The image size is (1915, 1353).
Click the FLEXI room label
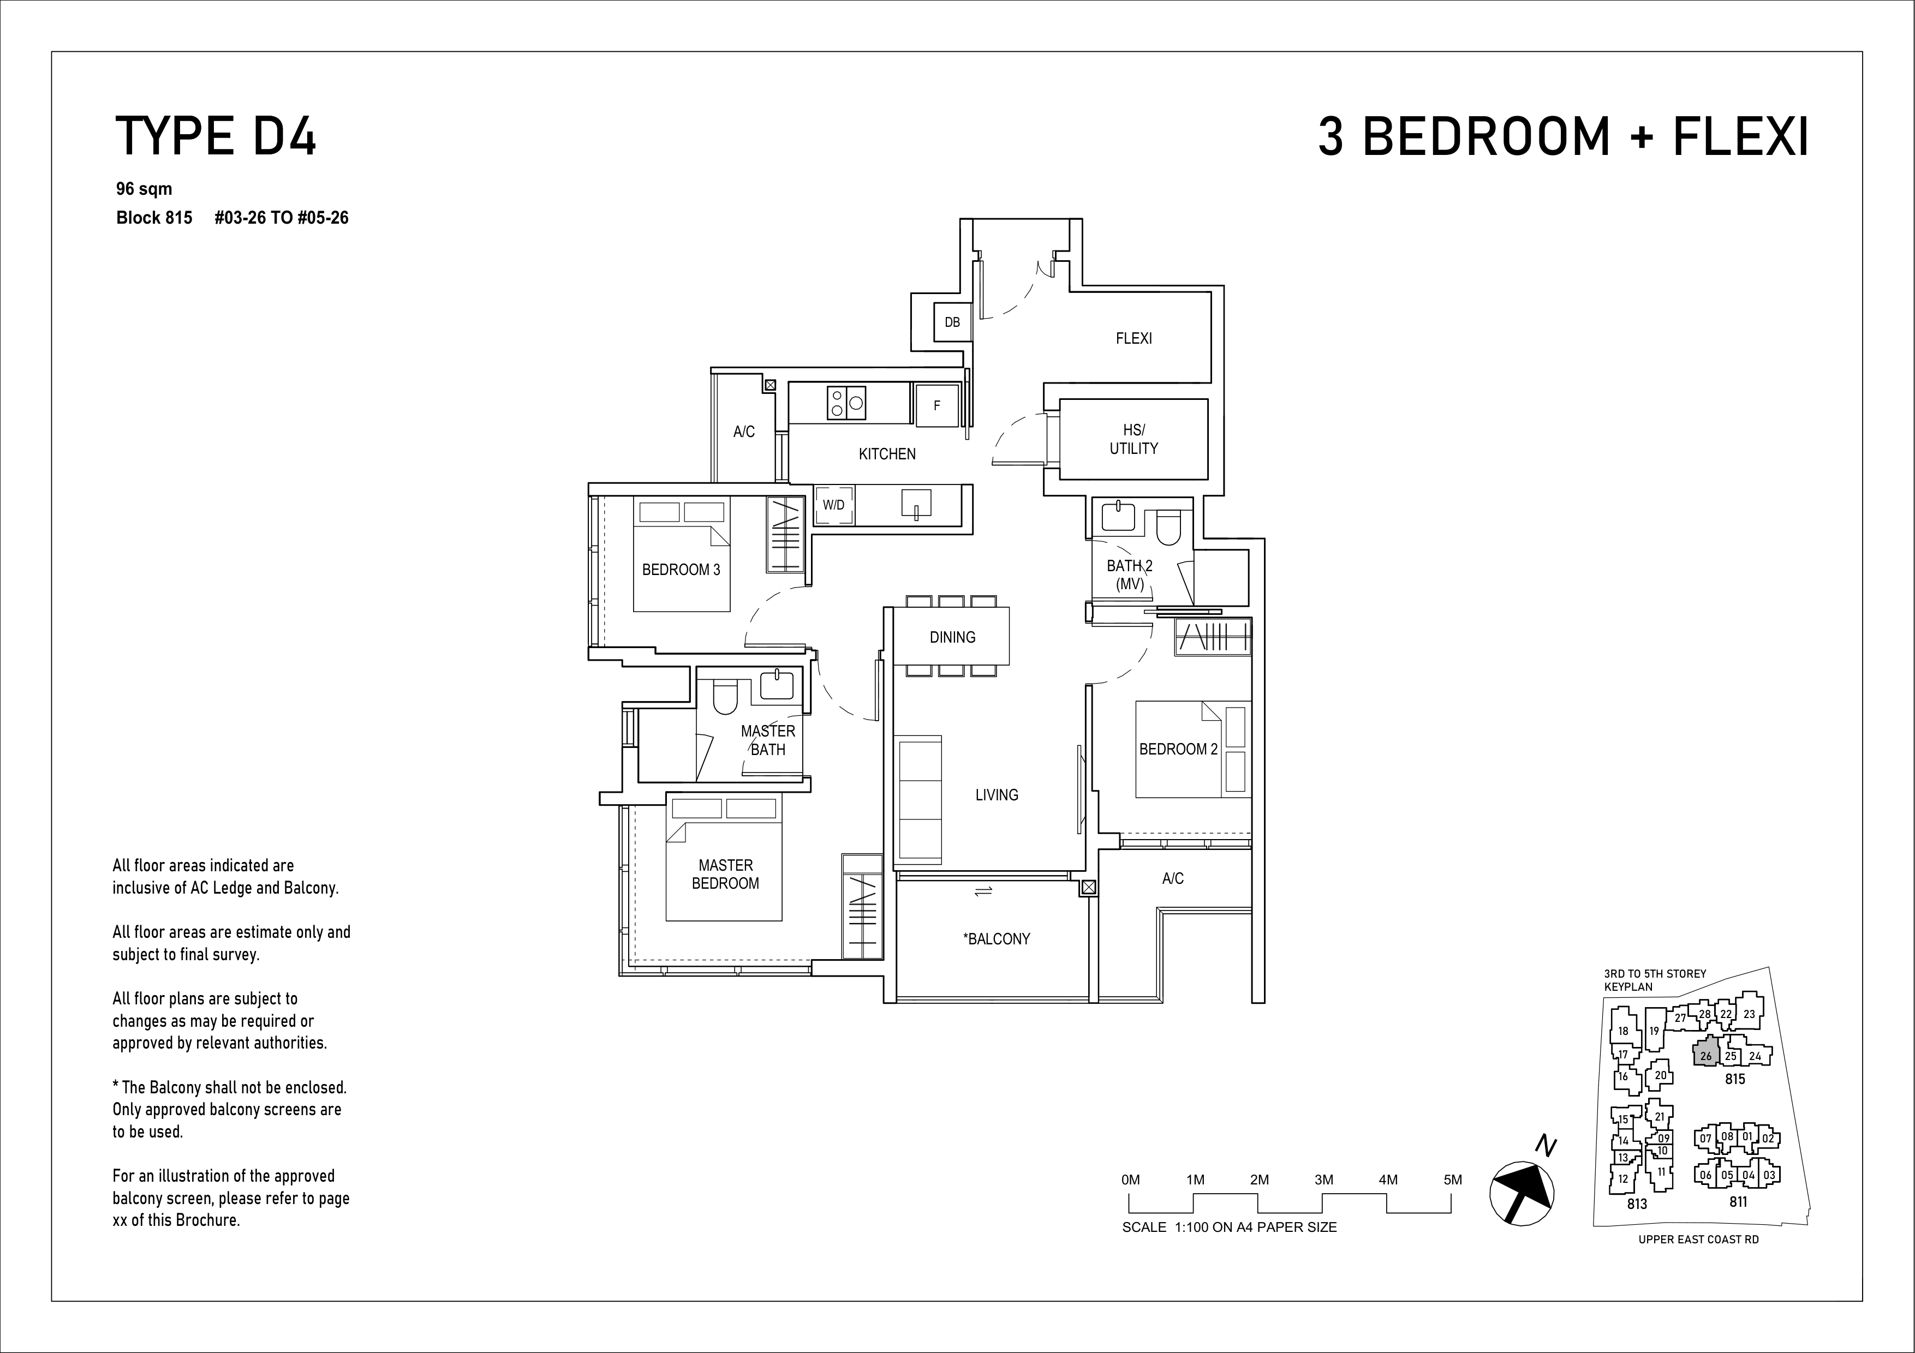[1134, 338]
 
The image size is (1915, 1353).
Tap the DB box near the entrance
[952, 322]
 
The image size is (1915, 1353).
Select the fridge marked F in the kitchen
[936, 405]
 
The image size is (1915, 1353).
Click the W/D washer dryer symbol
[834, 505]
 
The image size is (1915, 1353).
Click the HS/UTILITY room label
[1134, 439]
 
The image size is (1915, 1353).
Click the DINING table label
[952, 637]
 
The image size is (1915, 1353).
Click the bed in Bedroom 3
[682, 554]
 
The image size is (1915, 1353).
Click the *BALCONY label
[997, 939]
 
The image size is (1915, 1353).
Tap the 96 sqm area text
[144, 189]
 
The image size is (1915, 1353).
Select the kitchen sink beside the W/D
[916, 504]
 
